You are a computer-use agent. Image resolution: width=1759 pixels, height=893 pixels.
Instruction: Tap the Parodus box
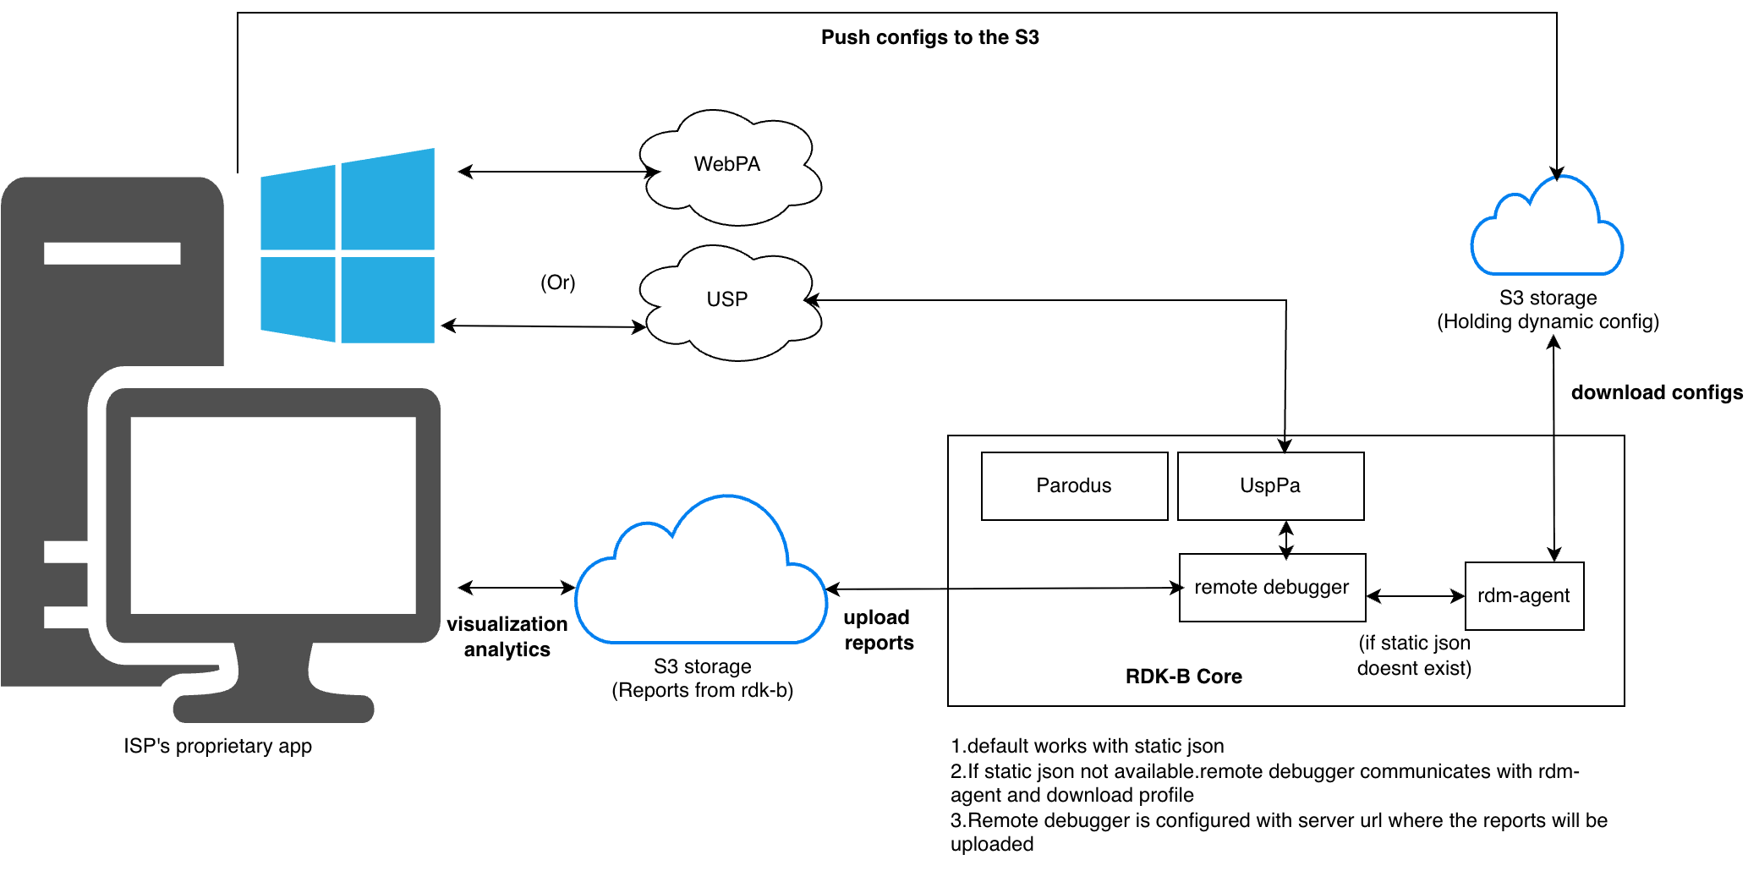1074,486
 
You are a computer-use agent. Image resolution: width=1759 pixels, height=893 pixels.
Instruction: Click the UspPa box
1270,486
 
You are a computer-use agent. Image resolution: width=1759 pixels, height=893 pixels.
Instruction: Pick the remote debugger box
1272,588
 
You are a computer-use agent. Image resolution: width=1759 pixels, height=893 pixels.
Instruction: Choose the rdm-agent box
1524,596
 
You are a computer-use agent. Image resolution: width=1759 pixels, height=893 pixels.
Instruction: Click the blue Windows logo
348,246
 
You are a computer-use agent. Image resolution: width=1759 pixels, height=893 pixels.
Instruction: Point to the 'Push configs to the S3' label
929,37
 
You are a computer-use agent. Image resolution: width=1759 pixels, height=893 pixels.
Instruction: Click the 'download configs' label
1657,392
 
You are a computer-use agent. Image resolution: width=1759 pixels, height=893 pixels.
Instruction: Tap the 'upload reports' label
879,630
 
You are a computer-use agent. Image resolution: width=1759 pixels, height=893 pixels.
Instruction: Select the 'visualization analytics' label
507,637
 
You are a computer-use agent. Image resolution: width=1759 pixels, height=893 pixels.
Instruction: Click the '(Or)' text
558,282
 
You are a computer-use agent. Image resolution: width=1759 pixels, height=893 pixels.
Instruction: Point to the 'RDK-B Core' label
1183,677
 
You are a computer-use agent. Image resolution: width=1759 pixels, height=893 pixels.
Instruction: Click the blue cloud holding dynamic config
1547,233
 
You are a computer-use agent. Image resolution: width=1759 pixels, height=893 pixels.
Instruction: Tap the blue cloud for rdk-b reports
701,583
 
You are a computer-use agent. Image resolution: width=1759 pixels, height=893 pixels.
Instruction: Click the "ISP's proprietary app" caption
217,746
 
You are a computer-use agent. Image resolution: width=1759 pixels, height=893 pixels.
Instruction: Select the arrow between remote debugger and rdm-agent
1416,596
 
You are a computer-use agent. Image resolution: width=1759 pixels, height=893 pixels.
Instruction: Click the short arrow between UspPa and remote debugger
1286,540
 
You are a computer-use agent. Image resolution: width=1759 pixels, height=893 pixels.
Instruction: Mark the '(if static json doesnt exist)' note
1414,655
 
